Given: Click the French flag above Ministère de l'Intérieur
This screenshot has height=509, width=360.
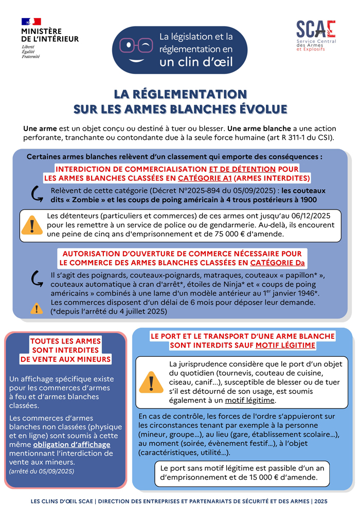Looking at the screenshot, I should (31, 22).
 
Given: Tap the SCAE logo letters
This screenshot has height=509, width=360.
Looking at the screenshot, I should (316, 29).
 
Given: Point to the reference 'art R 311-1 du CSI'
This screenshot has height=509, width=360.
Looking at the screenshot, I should (297, 137).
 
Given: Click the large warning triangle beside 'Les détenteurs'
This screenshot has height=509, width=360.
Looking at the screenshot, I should (33, 225).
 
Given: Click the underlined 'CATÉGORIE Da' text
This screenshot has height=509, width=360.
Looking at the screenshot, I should (277, 263).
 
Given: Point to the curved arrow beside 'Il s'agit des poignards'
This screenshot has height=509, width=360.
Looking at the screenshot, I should (37, 279).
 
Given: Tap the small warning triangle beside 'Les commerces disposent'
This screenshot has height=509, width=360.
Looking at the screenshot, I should (37, 308).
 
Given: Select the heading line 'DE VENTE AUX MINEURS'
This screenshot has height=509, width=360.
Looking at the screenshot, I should (65, 359).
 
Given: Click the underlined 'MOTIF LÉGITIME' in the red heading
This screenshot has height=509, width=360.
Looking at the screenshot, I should (285, 346).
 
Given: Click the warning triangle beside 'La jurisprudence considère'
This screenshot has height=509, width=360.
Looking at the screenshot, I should (151, 382).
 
